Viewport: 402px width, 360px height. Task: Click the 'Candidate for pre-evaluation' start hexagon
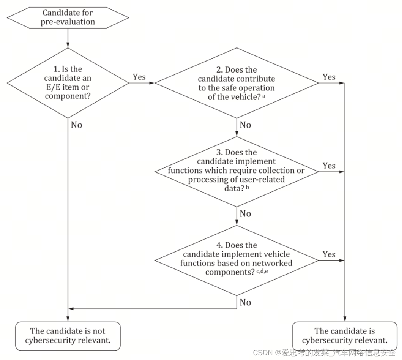[x=68, y=18]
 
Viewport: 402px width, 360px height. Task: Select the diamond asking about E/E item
[x=68, y=83]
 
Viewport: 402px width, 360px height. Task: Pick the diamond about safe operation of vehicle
[x=236, y=83]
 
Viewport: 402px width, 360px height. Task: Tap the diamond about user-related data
[x=236, y=171]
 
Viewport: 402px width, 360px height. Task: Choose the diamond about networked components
[x=236, y=259]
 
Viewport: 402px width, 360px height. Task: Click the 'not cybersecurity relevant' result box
[x=68, y=336]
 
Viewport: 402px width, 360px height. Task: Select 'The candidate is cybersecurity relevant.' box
[x=345, y=336]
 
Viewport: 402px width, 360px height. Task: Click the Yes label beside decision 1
[x=139, y=77]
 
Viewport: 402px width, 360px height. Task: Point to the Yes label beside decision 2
[x=329, y=77]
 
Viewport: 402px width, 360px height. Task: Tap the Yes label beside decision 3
[x=329, y=166]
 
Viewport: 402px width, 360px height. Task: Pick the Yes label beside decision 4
[x=329, y=254]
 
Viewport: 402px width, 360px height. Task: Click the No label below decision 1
[x=77, y=125]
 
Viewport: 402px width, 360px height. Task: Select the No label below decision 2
[x=245, y=125]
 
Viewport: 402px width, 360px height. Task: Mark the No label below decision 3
[x=245, y=214]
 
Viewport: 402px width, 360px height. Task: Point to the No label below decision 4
[x=245, y=303]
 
